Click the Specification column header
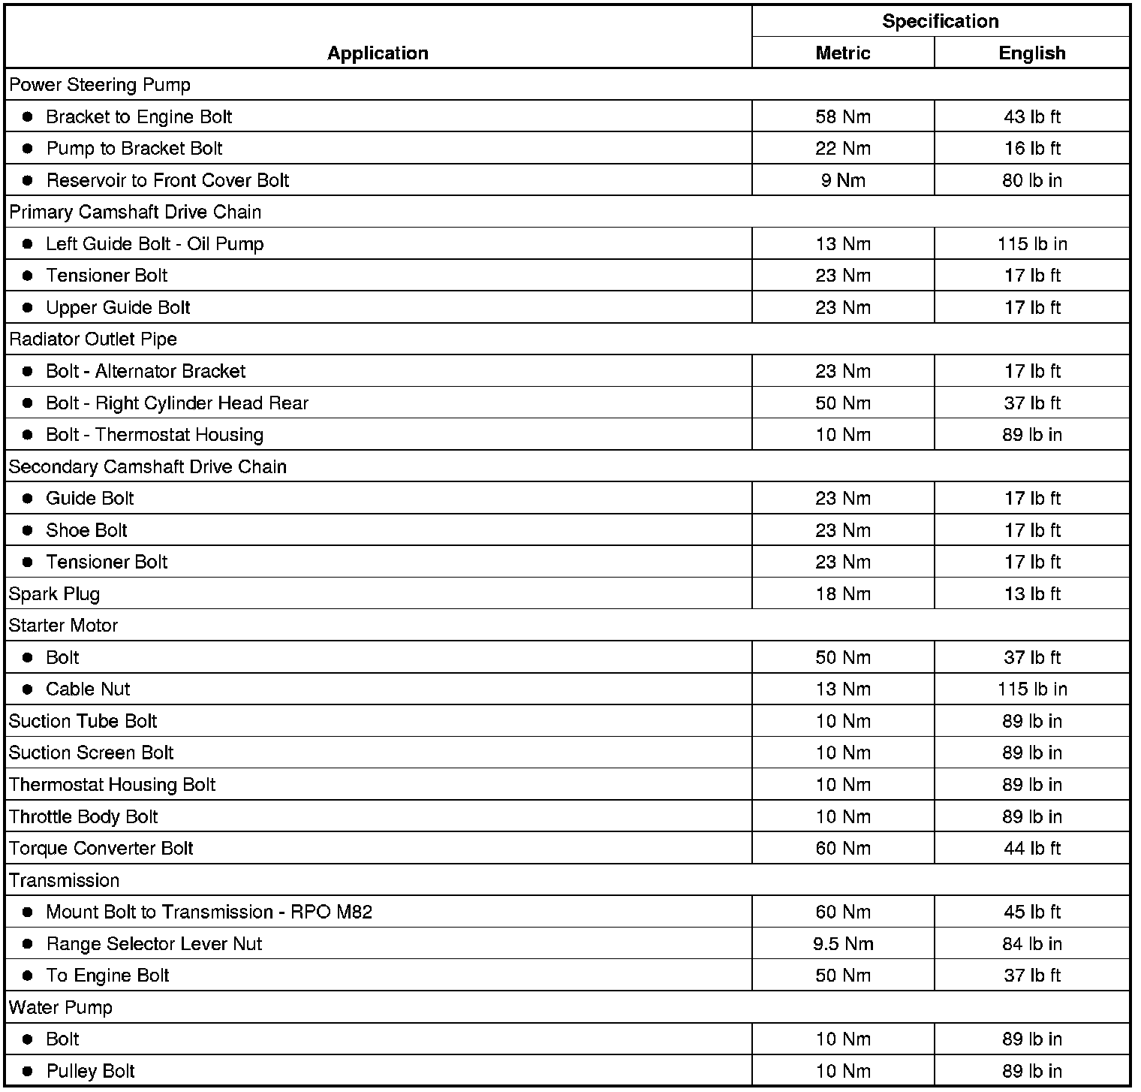(940, 21)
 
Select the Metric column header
(842, 53)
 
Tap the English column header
(1031, 53)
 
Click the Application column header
(378, 53)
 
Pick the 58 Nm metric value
(842, 117)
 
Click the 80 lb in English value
(1031, 181)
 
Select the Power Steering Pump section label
(100, 85)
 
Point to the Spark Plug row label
(54, 594)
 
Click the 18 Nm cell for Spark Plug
(842, 594)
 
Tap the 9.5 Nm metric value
(842, 944)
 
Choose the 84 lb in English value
(1031, 944)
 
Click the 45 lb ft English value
(1031, 913)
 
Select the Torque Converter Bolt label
(101, 849)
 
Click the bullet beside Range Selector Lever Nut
(28, 944)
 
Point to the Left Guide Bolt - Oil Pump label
(155, 244)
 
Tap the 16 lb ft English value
(1031, 149)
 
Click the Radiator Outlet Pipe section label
(93, 339)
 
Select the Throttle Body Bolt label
(83, 817)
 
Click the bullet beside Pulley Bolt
(28, 1072)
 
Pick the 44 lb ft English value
(1031, 849)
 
